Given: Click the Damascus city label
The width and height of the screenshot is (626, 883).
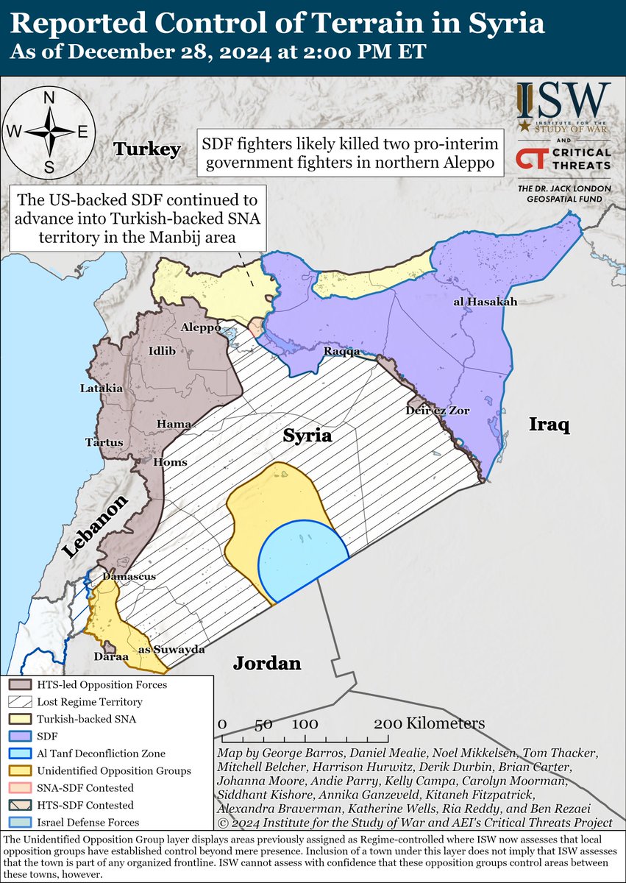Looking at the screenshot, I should [x=129, y=577].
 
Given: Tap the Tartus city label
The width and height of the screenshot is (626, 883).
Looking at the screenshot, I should [x=104, y=442].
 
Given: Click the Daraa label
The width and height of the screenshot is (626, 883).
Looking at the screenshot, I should [x=111, y=655].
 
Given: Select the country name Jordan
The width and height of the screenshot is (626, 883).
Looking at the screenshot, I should [x=267, y=663].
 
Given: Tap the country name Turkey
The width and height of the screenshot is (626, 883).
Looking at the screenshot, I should [x=146, y=149].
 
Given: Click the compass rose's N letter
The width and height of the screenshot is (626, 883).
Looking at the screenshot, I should [x=49, y=99].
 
